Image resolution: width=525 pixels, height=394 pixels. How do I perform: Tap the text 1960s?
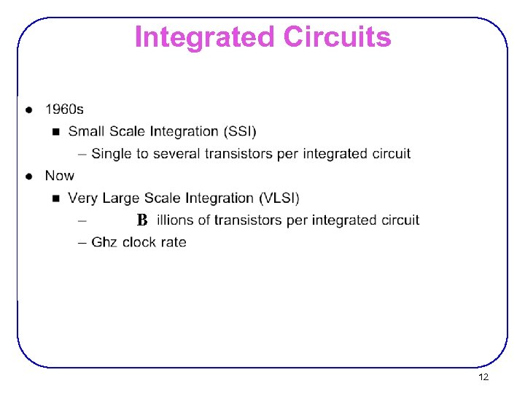pyautogui.click(x=64, y=109)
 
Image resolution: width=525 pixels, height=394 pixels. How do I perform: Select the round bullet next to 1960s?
pyautogui.click(x=28, y=110)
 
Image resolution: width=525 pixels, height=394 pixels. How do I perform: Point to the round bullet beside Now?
pyautogui.click(x=28, y=176)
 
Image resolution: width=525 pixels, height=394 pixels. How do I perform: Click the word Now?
pyautogui.click(x=59, y=176)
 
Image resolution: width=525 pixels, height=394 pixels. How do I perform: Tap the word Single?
pyautogui.click(x=111, y=154)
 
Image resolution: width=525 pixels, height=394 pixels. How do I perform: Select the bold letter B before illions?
pyautogui.click(x=142, y=220)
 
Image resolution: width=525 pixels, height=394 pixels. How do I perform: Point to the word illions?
pyautogui.click(x=176, y=220)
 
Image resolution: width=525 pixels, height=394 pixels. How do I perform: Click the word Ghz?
pyautogui.click(x=105, y=242)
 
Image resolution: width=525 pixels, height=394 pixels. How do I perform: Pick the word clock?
pyautogui.click(x=141, y=242)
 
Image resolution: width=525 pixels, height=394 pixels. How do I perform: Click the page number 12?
pyautogui.click(x=483, y=377)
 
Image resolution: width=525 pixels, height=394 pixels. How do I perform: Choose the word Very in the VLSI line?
pyautogui.click(x=83, y=198)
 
